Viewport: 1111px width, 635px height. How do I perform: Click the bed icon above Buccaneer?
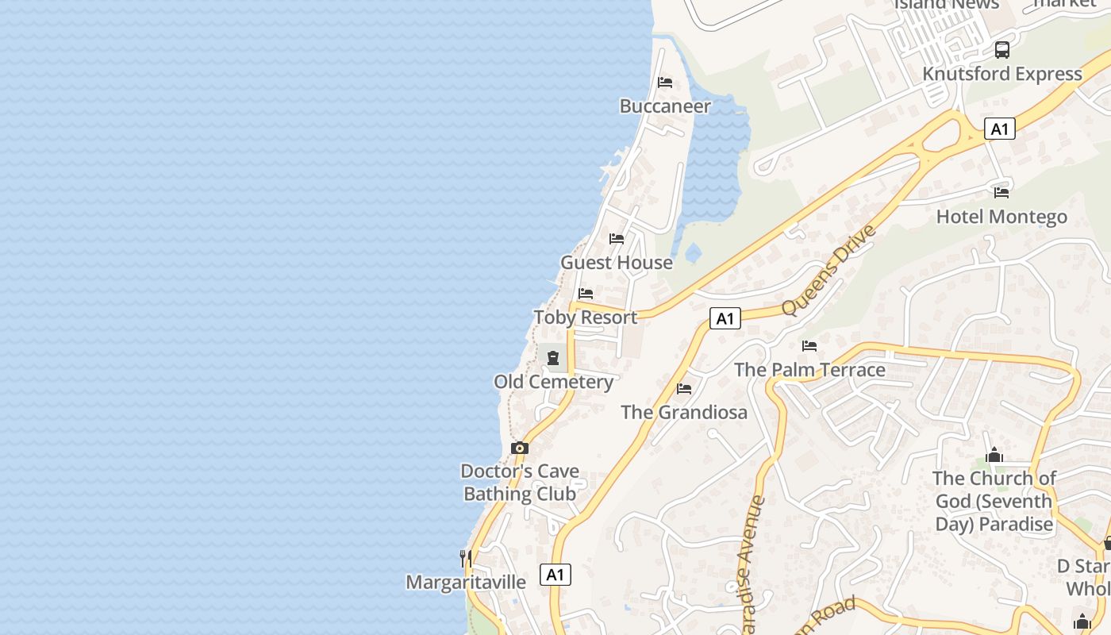click(665, 83)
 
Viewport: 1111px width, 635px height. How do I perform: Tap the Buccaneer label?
click(665, 106)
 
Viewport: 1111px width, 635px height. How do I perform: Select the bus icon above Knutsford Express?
click(1002, 50)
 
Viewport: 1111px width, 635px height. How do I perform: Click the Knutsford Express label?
click(1002, 74)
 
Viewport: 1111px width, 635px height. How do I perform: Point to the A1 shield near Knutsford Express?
click(1000, 129)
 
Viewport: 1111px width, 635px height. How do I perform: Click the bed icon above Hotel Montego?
click(1001, 192)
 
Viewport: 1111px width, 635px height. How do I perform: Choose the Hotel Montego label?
click(1001, 217)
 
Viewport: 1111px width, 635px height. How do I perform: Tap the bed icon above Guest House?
click(617, 239)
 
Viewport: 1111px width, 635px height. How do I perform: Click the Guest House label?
click(617, 263)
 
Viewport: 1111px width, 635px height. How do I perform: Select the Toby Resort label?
click(586, 317)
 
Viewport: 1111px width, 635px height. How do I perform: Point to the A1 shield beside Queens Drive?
click(725, 319)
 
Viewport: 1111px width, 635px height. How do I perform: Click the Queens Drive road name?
click(828, 270)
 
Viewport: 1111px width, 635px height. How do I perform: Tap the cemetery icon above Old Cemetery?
click(553, 358)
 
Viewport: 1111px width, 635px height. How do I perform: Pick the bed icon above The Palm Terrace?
click(809, 346)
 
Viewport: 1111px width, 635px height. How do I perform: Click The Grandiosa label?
click(684, 413)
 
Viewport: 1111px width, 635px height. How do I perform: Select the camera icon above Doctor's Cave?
click(520, 448)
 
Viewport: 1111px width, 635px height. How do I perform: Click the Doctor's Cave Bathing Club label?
click(520, 483)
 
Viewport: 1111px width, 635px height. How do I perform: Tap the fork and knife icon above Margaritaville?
click(466, 559)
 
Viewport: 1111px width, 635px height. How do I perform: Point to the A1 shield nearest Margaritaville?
click(555, 575)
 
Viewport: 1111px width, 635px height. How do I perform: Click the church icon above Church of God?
click(994, 455)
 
